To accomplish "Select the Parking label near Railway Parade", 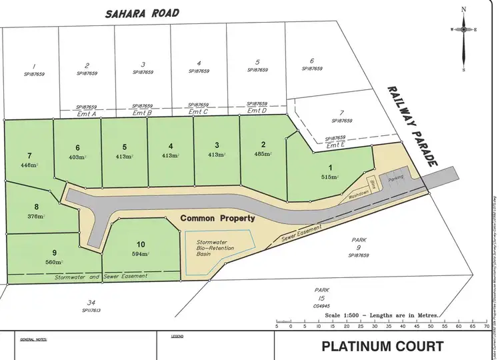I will pyautogui.click(x=397, y=179).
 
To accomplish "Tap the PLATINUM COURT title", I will pyautogui.click(x=383, y=346).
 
